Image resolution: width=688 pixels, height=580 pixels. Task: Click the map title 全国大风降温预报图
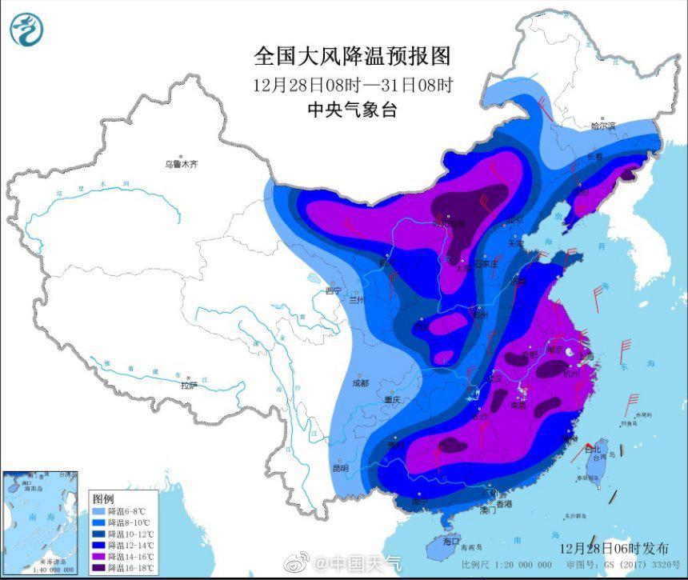click(x=352, y=56)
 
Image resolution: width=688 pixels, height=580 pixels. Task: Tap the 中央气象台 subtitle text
click(x=352, y=110)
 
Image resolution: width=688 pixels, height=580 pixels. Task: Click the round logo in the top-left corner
click(x=26, y=30)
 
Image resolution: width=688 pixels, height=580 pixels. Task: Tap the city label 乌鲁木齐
click(x=181, y=164)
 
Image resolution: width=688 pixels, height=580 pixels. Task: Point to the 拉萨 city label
click(x=189, y=386)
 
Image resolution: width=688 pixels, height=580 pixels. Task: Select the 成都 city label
click(x=360, y=382)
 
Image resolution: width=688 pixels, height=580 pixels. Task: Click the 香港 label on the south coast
click(x=503, y=504)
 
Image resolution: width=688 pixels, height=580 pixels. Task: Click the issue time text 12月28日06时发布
click(x=614, y=548)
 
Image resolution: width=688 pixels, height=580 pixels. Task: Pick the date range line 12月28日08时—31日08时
click(x=352, y=85)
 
